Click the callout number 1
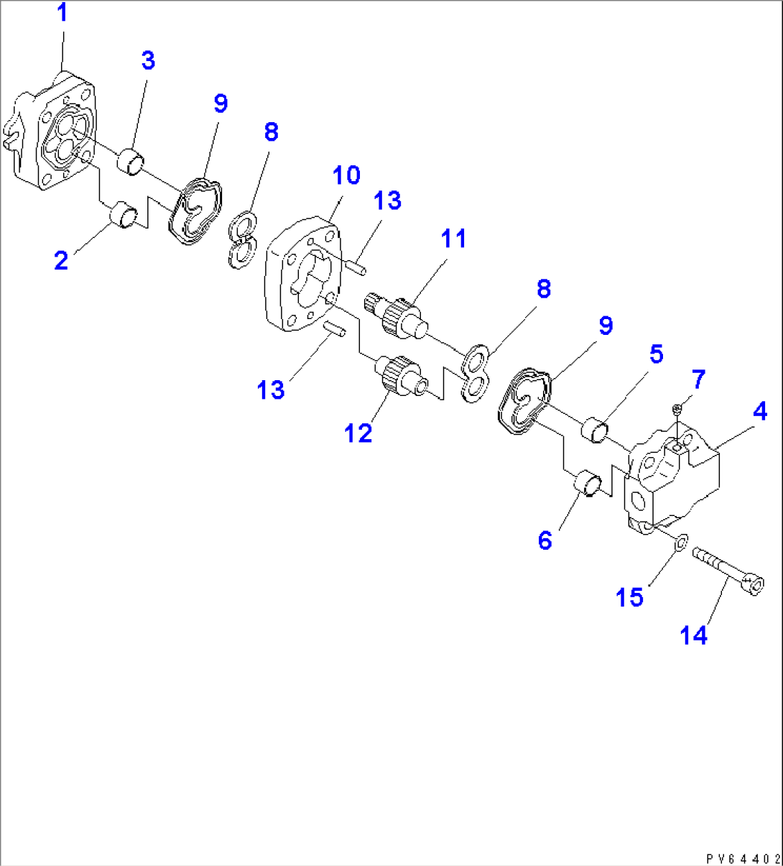(x=62, y=14)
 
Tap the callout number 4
(x=759, y=412)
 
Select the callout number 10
(x=346, y=175)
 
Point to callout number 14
(x=694, y=635)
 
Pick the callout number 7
(x=698, y=379)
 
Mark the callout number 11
(x=453, y=239)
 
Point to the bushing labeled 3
(x=131, y=161)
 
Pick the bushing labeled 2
(x=124, y=215)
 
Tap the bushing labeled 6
(x=589, y=483)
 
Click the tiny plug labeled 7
(x=676, y=410)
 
